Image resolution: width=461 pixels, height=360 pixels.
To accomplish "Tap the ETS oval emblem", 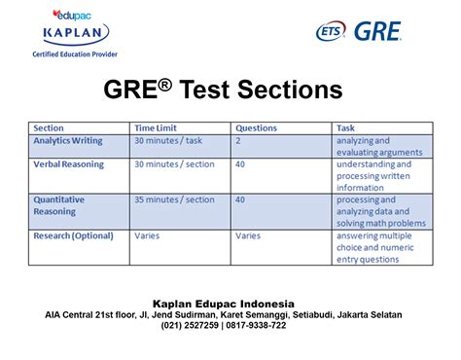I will [330, 32].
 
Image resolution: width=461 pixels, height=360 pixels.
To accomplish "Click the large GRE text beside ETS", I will [376, 31].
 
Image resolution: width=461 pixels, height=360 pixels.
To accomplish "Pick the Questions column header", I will [257, 127].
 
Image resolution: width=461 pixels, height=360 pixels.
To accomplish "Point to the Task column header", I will [345, 127].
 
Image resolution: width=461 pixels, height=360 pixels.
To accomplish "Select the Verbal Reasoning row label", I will [69, 163].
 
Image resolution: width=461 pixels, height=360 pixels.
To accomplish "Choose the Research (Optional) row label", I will [74, 234].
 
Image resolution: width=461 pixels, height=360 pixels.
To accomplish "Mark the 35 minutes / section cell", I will [175, 199].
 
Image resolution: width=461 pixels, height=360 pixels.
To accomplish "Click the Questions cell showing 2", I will [239, 140].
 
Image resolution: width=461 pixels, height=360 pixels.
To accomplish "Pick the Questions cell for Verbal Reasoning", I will [241, 163].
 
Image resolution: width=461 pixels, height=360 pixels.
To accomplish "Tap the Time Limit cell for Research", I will [147, 234].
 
